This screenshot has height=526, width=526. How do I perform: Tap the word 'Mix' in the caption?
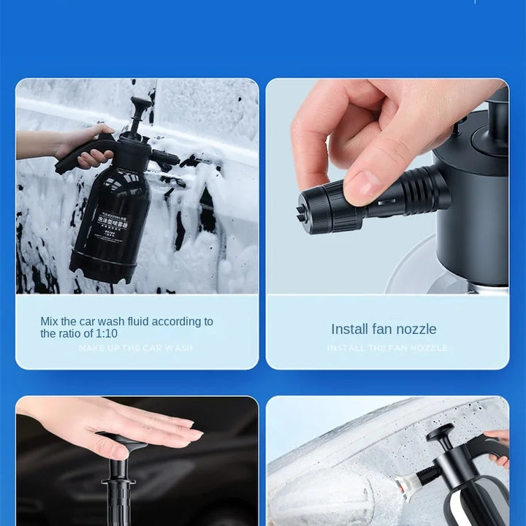[x=48, y=321]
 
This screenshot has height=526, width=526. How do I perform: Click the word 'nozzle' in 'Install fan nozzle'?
[x=415, y=329]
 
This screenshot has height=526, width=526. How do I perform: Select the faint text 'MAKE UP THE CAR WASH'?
[x=136, y=348]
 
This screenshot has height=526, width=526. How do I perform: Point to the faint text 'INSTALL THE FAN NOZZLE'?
[x=387, y=348]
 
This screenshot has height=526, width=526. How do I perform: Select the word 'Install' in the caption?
[x=349, y=329]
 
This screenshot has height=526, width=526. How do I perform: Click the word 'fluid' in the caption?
[x=142, y=321]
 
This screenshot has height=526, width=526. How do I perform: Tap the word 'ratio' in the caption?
[x=74, y=333]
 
